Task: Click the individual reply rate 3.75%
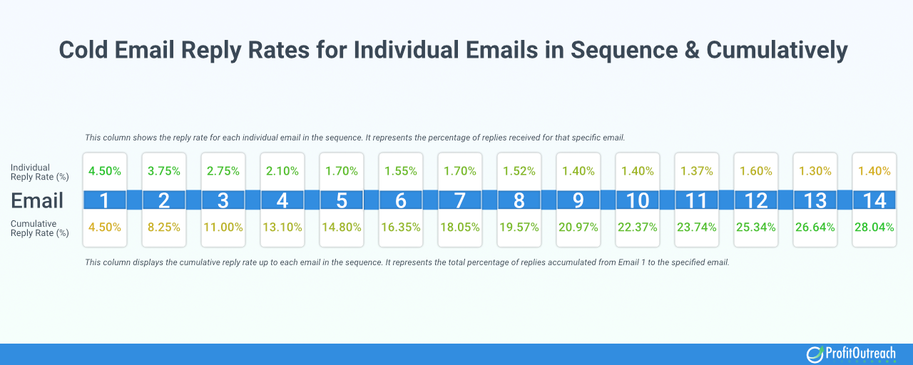[x=163, y=171]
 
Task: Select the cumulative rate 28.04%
[x=874, y=228]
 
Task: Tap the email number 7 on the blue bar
[x=459, y=200]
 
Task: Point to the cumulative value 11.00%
[x=223, y=228]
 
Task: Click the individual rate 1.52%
[x=519, y=171]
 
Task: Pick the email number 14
[x=874, y=200]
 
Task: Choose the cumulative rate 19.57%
[x=519, y=228]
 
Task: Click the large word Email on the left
[x=36, y=200]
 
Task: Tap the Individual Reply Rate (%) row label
[x=40, y=171]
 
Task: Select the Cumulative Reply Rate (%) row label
[x=40, y=228]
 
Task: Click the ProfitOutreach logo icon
[x=815, y=354]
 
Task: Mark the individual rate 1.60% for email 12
[x=755, y=171]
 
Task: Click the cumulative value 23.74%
[x=696, y=228]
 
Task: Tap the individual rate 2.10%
[x=282, y=171]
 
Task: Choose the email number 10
[x=637, y=200]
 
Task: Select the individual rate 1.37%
[x=696, y=171]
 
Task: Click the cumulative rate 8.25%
[x=163, y=228]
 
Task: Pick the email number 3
[x=223, y=200]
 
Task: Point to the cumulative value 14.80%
[x=341, y=228]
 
